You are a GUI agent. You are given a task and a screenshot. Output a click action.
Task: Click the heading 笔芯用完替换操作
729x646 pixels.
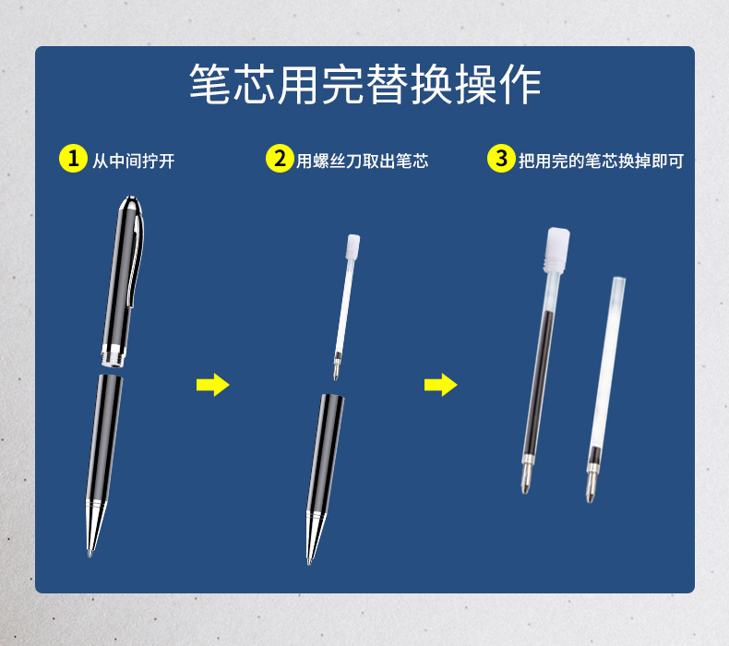tap(365, 84)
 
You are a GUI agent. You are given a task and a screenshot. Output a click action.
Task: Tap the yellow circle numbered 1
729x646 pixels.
tap(73, 159)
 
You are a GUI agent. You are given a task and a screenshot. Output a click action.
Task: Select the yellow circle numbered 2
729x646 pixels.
tap(280, 159)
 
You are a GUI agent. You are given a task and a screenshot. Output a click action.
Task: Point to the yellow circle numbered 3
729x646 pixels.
tap(501, 159)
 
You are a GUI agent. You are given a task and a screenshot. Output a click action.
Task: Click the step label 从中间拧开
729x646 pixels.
tap(134, 161)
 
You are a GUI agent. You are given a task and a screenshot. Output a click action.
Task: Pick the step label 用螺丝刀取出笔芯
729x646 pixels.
tap(362, 161)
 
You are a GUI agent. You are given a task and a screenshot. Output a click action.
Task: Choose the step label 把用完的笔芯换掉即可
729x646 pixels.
tap(601, 161)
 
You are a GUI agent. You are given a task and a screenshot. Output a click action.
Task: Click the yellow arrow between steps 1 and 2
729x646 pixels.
tap(213, 385)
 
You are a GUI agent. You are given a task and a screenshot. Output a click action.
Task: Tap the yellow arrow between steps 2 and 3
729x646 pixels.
tap(441, 385)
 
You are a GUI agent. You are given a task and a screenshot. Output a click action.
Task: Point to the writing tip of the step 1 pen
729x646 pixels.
tap(90, 554)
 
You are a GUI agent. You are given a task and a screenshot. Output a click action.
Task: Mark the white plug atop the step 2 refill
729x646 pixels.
tap(353, 246)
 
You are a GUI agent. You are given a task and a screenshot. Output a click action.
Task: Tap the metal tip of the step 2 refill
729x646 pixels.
tap(337, 366)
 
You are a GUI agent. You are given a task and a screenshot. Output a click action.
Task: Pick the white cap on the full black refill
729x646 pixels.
tap(557, 250)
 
